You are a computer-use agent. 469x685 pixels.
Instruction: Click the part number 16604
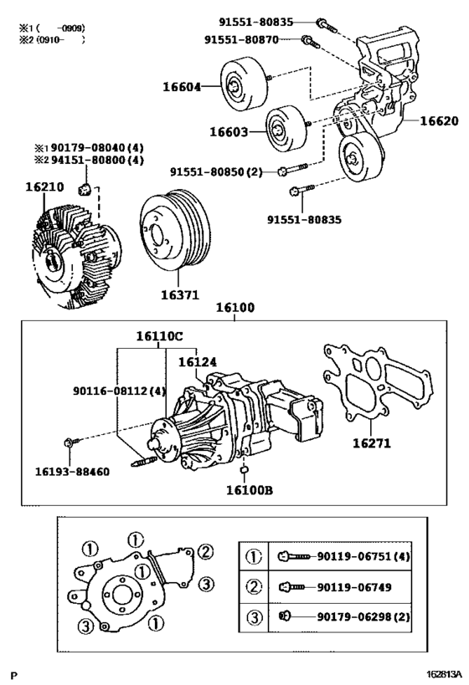(182, 86)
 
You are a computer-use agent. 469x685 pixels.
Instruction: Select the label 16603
(229, 131)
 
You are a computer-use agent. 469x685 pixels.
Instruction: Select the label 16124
(198, 362)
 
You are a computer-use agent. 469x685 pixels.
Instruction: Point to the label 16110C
(160, 337)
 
